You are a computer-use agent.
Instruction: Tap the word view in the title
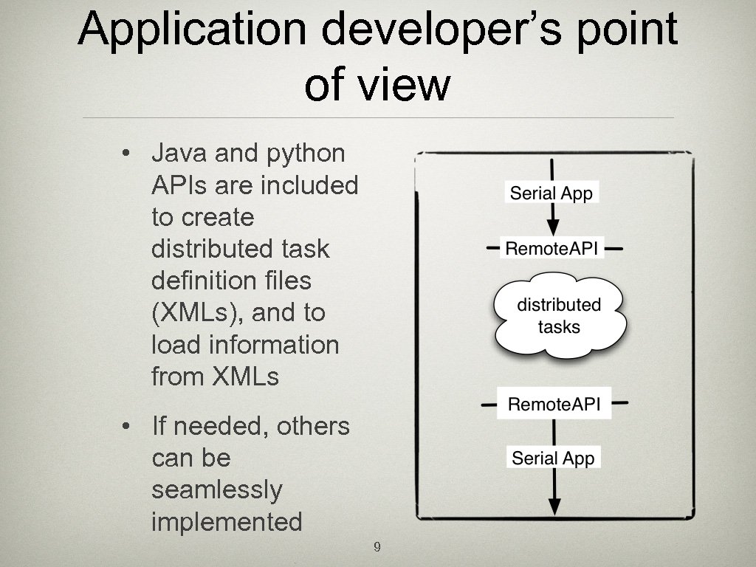pyautogui.click(x=414, y=85)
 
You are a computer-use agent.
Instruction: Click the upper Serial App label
pyautogui.click(x=551, y=193)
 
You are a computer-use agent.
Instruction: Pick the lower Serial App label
pyautogui.click(x=553, y=458)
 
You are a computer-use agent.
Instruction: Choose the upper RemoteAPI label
pyautogui.click(x=551, y=248)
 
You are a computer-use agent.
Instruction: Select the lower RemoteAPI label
pyautogui.click(x=554, y=404)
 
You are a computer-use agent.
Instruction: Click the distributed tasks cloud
pyautogui.click(x=559, y=315)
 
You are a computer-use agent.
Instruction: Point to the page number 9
pyautogui.click(x=377, y=547)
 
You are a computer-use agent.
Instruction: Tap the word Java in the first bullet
pyautogui.click(x=178, y=154)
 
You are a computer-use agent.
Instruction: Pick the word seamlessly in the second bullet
pyautogui.click(x=216, y=490)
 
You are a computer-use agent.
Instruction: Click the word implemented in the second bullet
pyautogui.click(x=227, y=522)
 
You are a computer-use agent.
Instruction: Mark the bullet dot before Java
pyautogui.click(x=127, y=154)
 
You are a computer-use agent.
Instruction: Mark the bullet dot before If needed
pyautogui.click(x=127, y=427)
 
